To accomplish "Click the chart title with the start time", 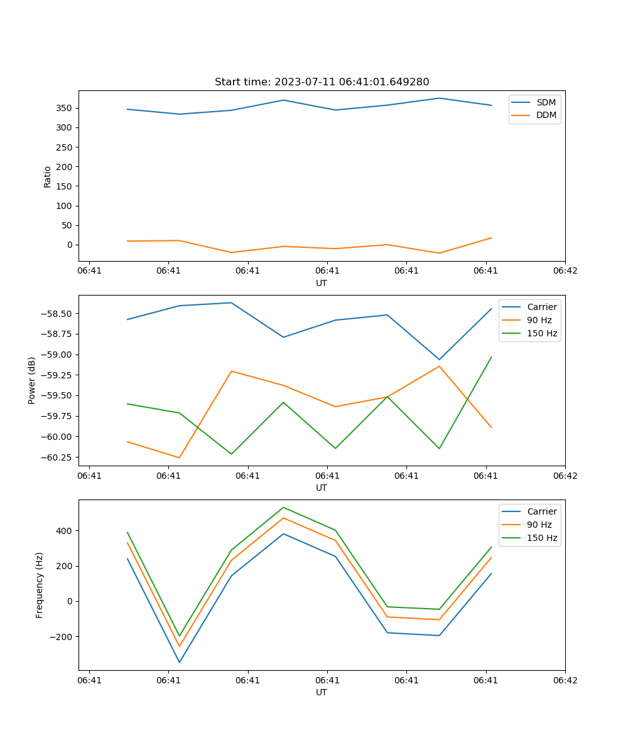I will coord(322,82).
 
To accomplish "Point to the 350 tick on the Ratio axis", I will coord(65,108).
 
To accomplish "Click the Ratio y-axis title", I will coord(48,176).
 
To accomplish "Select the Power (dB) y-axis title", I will coord(32,380).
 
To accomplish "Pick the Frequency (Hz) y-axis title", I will coord(40,585).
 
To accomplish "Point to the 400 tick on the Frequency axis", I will coord(65,531).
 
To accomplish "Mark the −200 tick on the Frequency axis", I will coord(62,636).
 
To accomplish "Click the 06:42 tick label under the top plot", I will coord(565,270).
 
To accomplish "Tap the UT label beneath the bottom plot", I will coord(322,692).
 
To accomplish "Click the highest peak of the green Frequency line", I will coord(283,507).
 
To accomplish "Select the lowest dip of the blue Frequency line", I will coord(179,662).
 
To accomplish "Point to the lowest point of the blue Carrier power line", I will coord(439,360).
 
